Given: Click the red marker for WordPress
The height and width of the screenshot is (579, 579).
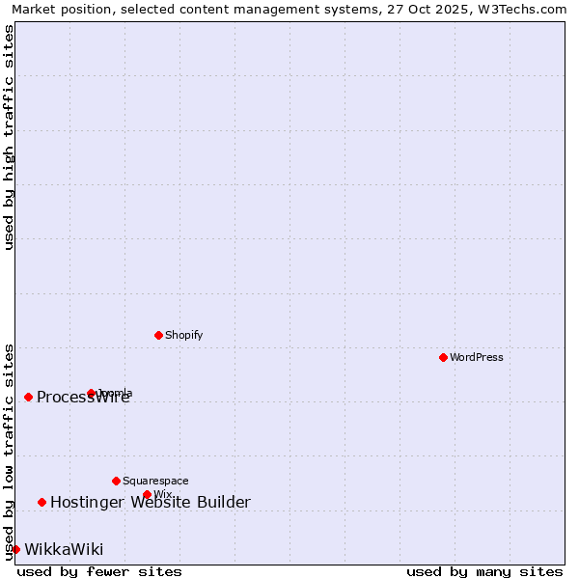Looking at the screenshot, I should pyautogui.click(x=443, y=357).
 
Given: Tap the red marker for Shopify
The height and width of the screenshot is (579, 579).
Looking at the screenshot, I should pyautogui.click(x=158, y=335).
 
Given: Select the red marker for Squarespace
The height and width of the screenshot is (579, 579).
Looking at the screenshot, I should pyautogui.click(x=116, y=481).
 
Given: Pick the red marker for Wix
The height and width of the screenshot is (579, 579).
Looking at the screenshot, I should pyautogui.click(x=147, y=494).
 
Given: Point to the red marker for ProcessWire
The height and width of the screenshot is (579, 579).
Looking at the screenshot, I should pyautogui.click(x=28, y=397).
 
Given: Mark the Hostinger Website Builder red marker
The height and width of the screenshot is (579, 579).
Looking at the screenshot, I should pyautogui.click(x=41, y=502).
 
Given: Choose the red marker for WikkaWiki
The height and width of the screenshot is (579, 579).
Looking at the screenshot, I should pyautogui.click(x=15, y=549).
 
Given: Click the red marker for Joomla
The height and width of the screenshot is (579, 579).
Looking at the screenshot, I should pyautogui.click(x=91, y=393).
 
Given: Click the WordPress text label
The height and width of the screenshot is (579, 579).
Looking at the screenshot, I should pyautogui.click(x=477, y=357).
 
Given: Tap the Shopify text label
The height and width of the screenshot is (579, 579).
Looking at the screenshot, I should pyautogui.click(x=183, y=335).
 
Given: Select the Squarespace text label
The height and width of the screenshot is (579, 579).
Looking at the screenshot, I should pyautogui.click(x=155, y=481).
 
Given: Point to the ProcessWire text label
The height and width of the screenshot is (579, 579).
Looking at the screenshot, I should pyautogui.click(x=83, y=398).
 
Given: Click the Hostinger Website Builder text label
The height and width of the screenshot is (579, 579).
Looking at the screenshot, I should pyautogui.click(x=150, y=502).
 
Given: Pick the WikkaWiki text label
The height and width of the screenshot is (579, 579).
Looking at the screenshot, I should pyautogui.click(x=64, y=549).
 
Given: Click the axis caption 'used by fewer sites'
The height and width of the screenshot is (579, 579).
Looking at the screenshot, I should pyautogui.click(x=99, y=571).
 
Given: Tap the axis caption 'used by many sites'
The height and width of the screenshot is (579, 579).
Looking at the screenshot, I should pyautogui.click(x=484, y=571).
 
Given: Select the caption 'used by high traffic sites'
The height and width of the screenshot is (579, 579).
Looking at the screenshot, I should pyautogui.click(x=9, y=137).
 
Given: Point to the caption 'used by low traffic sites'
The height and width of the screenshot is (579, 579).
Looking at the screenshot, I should pyautogui.click(x=9, y=451).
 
